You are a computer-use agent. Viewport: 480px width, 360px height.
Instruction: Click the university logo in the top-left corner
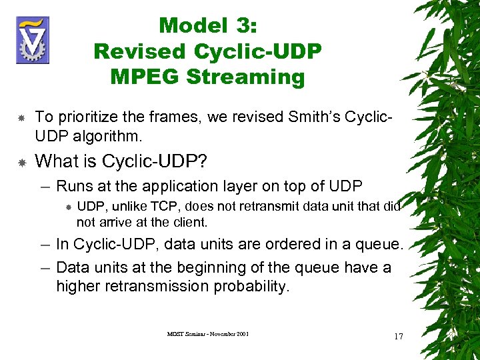point(33,40)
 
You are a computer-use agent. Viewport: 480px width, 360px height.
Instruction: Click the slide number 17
point(399,337)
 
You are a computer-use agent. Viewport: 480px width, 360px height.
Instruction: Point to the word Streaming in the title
point(245,77)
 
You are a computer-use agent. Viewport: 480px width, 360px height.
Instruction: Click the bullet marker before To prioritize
point(21,118)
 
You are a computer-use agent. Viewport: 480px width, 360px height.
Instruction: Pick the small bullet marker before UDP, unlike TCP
point(69,207)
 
